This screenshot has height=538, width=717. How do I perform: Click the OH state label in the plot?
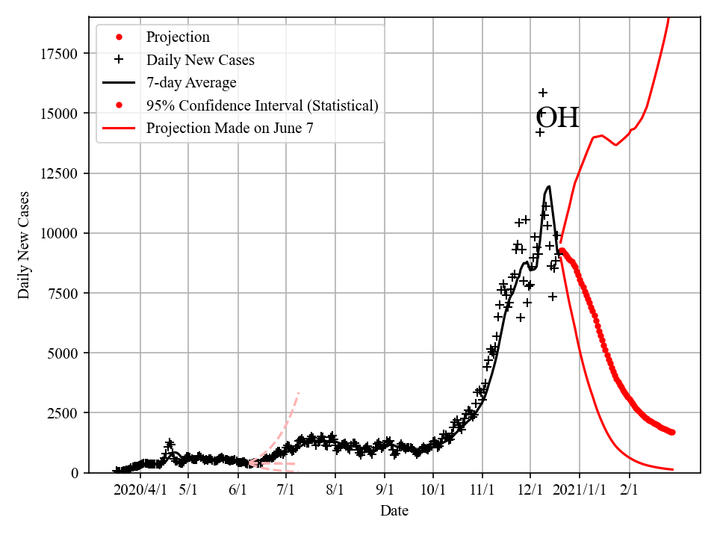pyautogui.click(x=558, y=119)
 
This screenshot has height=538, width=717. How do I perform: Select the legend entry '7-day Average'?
pyautogui.click(x=191, y=82)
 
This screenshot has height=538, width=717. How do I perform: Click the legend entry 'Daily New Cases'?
pyautogui.click(x=200, y=60)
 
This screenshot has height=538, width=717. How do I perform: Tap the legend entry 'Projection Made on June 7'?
pyautogui.click(x=230, y=128)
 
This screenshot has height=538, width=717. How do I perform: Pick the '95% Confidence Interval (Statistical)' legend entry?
pyautogui.click(x=262, y=105)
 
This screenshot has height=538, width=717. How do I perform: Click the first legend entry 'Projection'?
pyautogui.click(x=178, y=37)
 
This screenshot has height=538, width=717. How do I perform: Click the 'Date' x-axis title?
pyautogui.click(x=394, y=511)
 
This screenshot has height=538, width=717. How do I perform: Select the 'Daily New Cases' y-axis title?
pyautogui.click(x=25, y=245)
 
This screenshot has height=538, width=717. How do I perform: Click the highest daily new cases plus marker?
pyautogui.click(x=543, y=93)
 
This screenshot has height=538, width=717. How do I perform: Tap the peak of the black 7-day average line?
pyautogui.click(x=549, y=186)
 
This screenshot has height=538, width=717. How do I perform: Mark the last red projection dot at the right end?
pyautogui.click(x=672, y=432)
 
